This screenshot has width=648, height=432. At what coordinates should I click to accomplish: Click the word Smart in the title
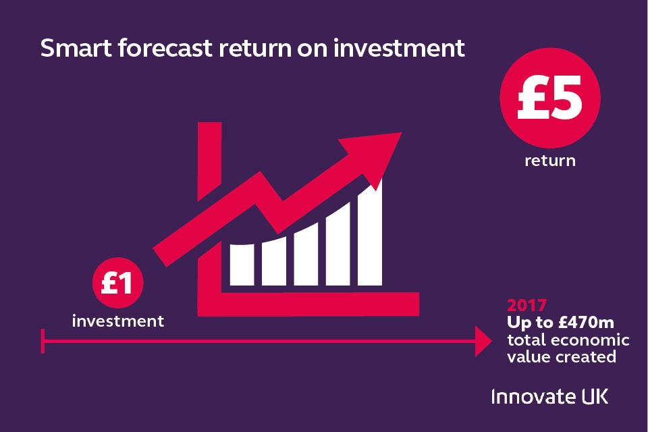[x=76, y=48]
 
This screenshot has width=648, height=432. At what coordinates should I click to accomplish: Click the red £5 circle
[x=550, y=98]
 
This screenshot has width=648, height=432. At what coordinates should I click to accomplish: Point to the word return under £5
[x=550, y=161]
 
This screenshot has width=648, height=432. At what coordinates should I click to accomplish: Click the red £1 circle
[x=117, y=283]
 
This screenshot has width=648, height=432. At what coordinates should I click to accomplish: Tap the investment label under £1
[x=117, y=321]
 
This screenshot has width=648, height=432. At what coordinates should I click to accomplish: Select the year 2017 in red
[x=527, y=306]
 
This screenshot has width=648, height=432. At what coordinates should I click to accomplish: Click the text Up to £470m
[x=560, y=323]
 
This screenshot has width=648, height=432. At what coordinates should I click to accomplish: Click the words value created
[x=562, y=357]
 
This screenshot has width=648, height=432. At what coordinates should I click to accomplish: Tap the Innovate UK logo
[x=549, y=396]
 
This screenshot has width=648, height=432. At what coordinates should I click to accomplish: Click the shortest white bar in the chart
[x=242, y=265]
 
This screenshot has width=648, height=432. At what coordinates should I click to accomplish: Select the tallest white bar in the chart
[x=370, y=232]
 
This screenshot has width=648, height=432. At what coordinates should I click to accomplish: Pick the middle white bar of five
[x=306, y=254]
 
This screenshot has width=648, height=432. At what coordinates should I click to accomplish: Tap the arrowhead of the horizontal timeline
[x=483, y=341]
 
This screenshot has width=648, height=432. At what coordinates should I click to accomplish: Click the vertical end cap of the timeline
[x=43, y=341]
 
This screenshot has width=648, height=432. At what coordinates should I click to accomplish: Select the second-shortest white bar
[x=274, y=261]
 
